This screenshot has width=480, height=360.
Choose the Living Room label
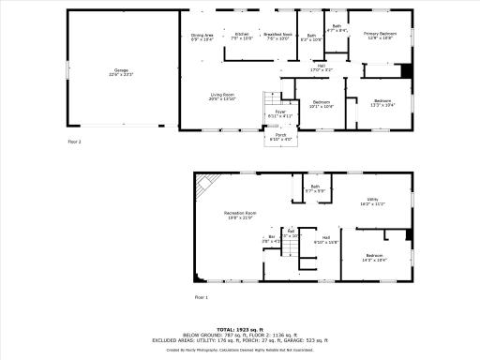pos(222,97)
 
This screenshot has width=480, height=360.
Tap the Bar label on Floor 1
pos(272,239)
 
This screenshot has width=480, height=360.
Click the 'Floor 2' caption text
pos(75,142)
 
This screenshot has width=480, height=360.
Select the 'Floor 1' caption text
pos(202,296)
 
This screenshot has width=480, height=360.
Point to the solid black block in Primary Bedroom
pos(406,71)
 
